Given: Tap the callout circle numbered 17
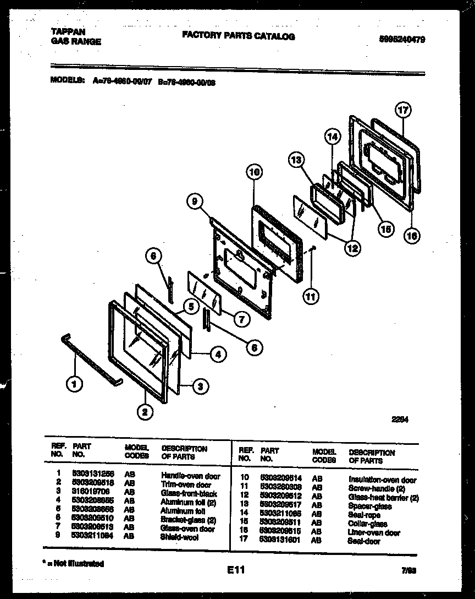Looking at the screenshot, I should [404, 110].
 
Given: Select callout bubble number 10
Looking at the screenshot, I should [253, 172].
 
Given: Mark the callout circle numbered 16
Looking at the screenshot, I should [412, 236].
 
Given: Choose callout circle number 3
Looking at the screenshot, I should [201, 386].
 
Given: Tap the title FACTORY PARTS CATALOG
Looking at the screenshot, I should [238, 36].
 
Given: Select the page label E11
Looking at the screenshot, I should [235, 570].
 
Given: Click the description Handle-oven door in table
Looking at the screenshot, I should [190, 476].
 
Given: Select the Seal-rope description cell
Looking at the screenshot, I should [364, 515].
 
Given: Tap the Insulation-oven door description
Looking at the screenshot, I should [382, 480].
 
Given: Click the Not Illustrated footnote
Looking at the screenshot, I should [73, 563].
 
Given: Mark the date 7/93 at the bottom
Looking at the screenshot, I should [408, 570].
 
